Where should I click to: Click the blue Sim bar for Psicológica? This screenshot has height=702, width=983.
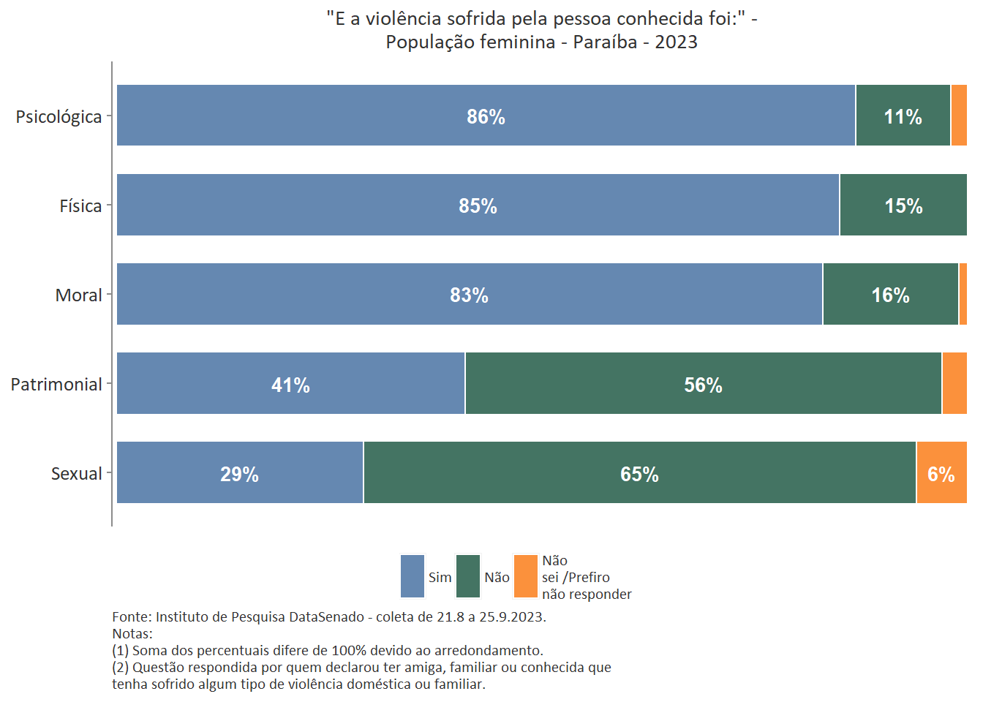pyautogui.click(x=366, y=116)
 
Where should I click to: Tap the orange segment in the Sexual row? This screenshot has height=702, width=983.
pyautogui.click(x=941, y=473)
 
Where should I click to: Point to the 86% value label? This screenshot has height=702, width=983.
pyautogui.click(x=486, y=117)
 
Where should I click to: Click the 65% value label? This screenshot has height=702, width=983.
pyautogui.click(x=639, y=475)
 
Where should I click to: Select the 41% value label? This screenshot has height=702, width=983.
pyautogui.click(x=290, y=385)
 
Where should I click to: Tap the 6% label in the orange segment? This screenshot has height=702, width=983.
pyautogui.click(x=941, y=475)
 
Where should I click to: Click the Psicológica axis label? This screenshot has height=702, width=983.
pyautogui.click(x=59, y=117)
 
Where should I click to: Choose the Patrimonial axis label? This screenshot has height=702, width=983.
pyautogui.click(x=56, y=385)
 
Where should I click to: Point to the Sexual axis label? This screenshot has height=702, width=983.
pyautogui.click(x=76, y=474)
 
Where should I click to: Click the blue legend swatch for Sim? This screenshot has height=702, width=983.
pyautogui.click(x=413, y=576)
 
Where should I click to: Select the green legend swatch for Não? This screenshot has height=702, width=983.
pyautogui.click(x=468, y=576)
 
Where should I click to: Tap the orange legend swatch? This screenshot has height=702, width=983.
pyautogui.click(x=526, y=576)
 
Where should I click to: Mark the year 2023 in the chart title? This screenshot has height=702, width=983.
pyautogui.click(x=676, y=42)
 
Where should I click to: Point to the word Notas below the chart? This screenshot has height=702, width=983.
pyautogui.click(x=132, y=634)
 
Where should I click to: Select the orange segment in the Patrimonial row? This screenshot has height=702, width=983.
pyautogui.click(x=954, y=384)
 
